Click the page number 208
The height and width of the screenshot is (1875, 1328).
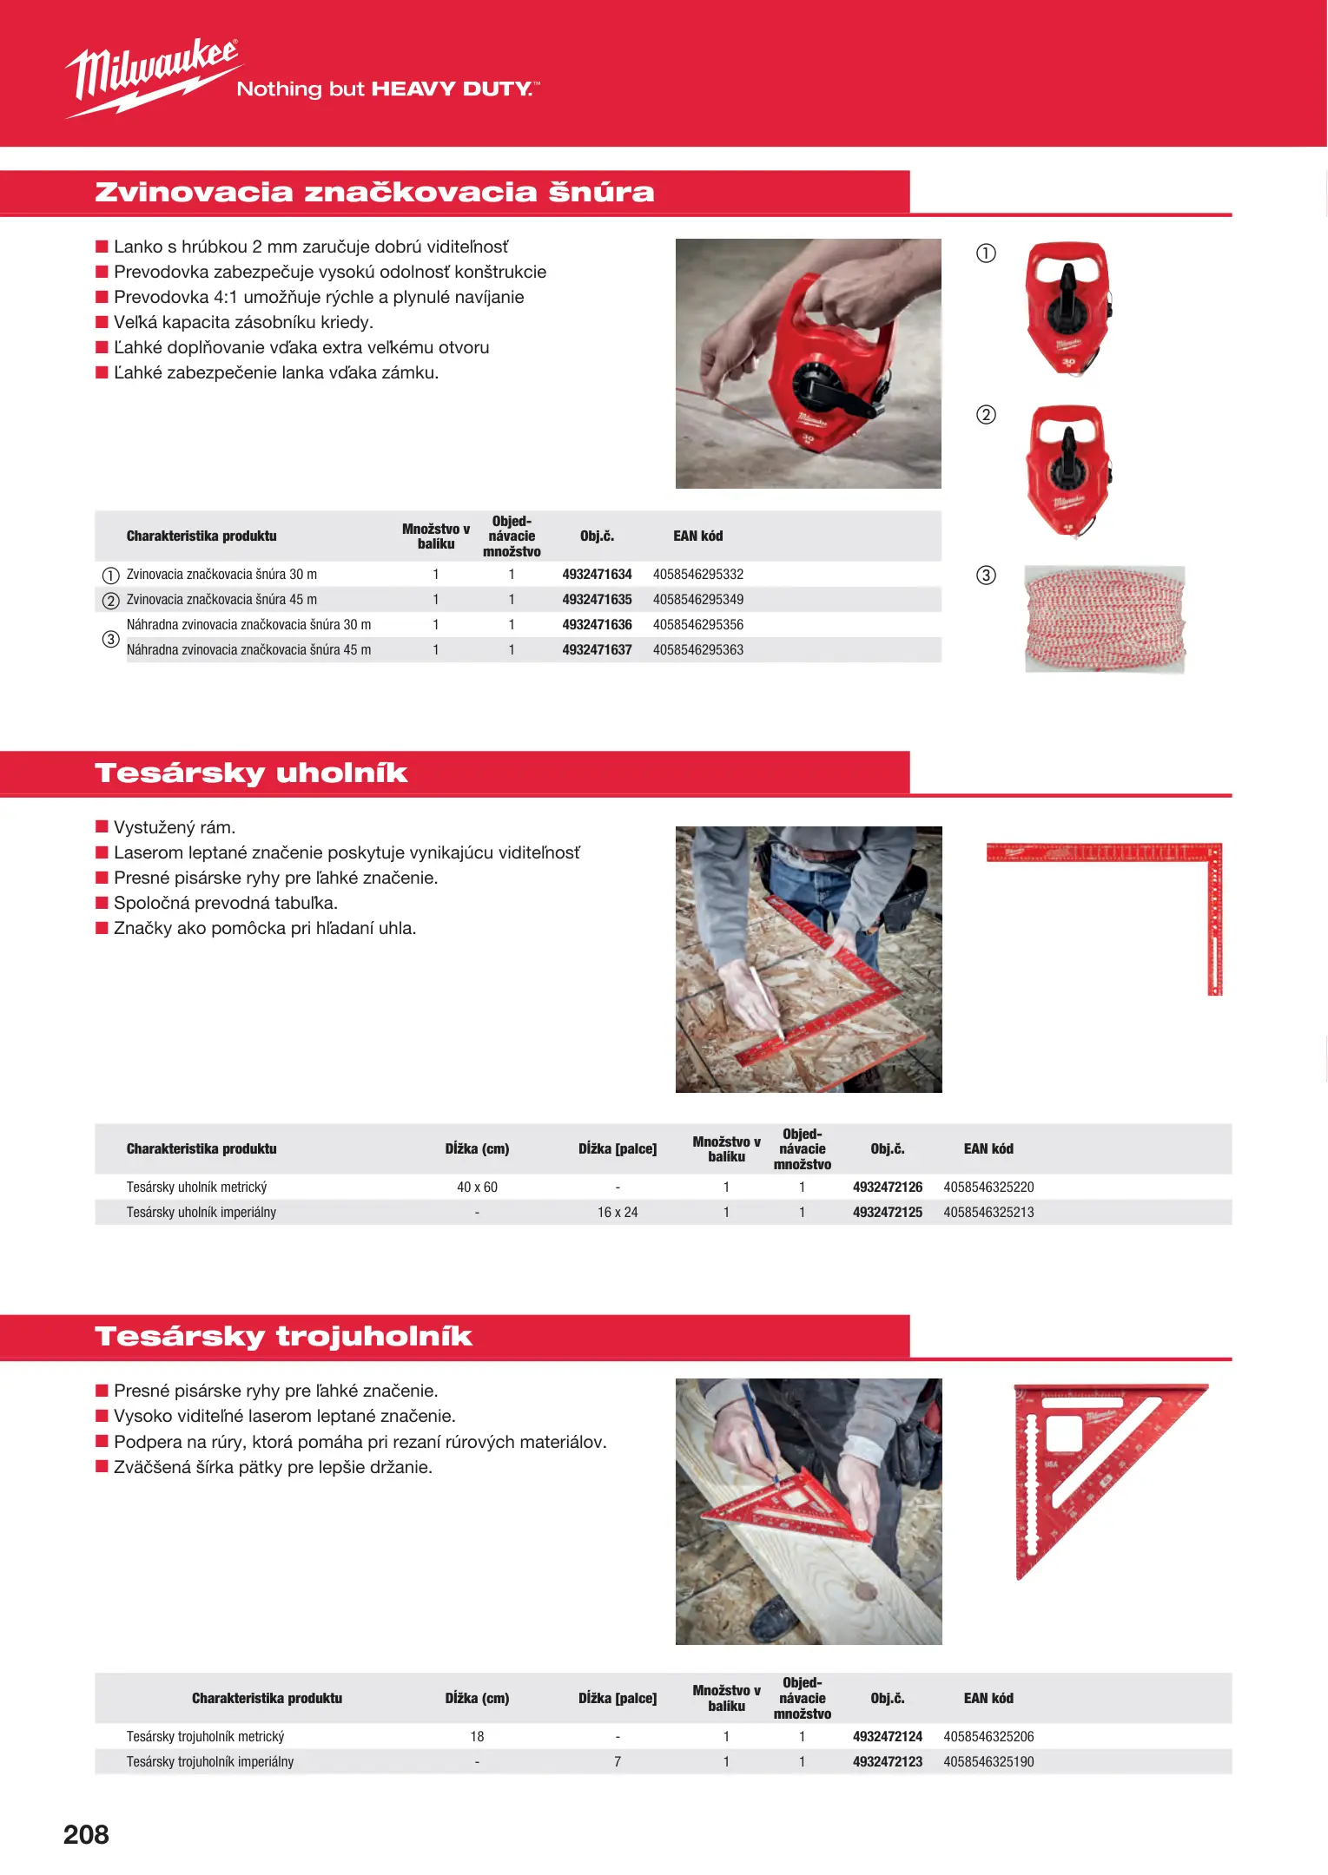[x=86, y=1834]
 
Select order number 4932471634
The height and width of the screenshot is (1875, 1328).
[x=597, y=575]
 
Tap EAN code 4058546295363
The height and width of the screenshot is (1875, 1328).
[x=697, y=650]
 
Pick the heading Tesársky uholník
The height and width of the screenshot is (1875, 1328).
[x=251, y=773]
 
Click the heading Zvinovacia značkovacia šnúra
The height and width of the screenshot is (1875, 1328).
[x=374, y=193]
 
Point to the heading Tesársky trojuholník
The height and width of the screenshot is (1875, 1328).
[x=283, y=1337]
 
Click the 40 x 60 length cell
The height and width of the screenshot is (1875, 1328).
[x=477, y=1187]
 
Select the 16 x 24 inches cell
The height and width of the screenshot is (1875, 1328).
[x=617, y=1213]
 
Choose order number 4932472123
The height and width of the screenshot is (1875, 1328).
[x=887, y=1762]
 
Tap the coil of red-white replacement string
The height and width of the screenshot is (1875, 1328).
[x=1104, y=619]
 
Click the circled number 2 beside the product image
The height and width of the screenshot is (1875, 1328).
[x=986, y=415]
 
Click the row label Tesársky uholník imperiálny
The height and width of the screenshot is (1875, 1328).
[x=201, y=1213]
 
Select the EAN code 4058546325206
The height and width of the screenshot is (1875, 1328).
[x=988, y=1737]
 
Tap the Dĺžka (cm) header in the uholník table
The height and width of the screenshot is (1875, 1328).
[x=477, y=1149]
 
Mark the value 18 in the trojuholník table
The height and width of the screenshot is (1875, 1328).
[x=477, y=1737]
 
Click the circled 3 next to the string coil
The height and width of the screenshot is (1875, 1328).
[x=986, y=576]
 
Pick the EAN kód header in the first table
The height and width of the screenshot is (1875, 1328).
[x=697, y=536]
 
